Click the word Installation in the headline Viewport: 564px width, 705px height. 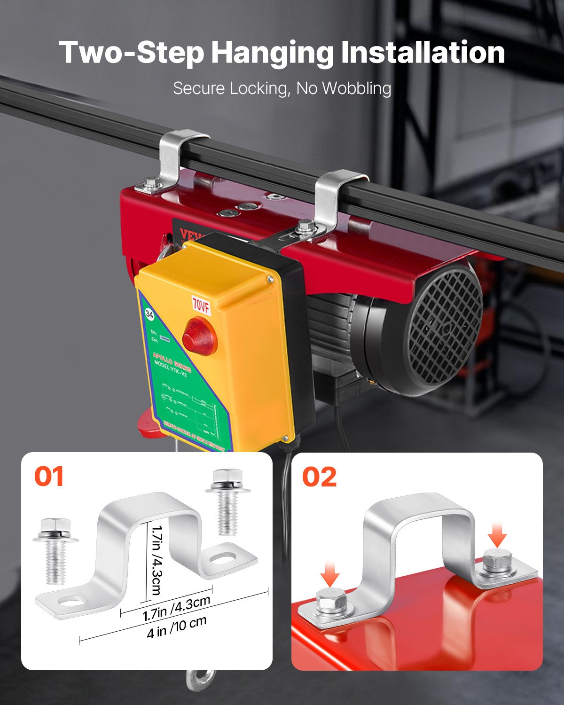[423, 52]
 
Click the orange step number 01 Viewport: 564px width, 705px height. [49, 477]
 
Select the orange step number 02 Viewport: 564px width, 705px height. [319, 477]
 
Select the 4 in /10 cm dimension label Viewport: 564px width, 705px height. [177, 627]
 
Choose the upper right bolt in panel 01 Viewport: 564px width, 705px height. [227, 501]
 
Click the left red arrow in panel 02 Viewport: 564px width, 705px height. [331, 575]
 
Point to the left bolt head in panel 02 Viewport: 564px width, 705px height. [331, 601]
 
